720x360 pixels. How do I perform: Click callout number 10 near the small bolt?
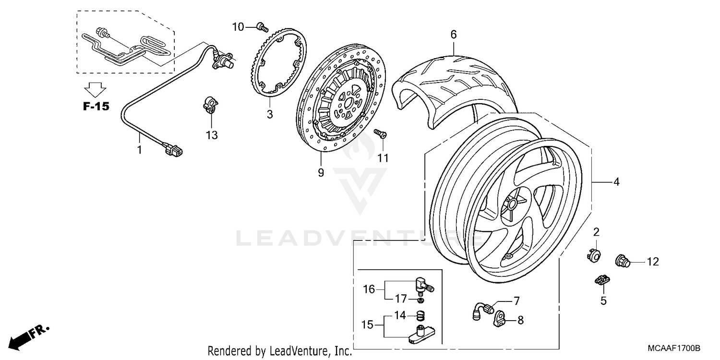239,27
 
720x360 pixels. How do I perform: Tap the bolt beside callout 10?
261,27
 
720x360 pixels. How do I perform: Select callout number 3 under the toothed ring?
270,114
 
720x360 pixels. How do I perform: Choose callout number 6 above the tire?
453,35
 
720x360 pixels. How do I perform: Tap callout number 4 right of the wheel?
616,182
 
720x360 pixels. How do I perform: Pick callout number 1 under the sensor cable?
140,150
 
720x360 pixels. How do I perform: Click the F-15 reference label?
96,107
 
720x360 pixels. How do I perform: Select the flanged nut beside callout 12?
623,262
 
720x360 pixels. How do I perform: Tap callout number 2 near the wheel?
597,233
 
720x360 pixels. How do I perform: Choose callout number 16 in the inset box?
369,289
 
